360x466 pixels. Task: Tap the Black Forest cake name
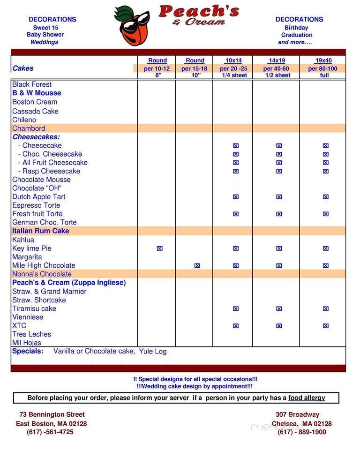32,84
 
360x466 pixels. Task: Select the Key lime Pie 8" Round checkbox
159,248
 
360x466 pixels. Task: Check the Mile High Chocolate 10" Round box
197,265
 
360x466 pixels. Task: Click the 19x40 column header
323,60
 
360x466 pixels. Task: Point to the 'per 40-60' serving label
276,68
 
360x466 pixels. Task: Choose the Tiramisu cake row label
34,308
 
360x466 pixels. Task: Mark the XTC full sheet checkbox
325,325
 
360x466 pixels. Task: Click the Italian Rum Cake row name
40,231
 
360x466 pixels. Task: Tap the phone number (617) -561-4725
50,432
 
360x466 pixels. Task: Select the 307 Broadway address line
297,414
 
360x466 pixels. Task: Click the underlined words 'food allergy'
307,398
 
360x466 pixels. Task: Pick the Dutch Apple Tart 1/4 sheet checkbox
235,197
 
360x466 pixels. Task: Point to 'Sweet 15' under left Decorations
45,28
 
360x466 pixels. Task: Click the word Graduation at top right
297,35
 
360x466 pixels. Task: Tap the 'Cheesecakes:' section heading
36,137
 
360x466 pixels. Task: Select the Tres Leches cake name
31,334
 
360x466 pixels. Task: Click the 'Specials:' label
28,351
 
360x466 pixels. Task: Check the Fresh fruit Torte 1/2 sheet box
279,214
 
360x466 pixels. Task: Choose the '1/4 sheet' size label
234,75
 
